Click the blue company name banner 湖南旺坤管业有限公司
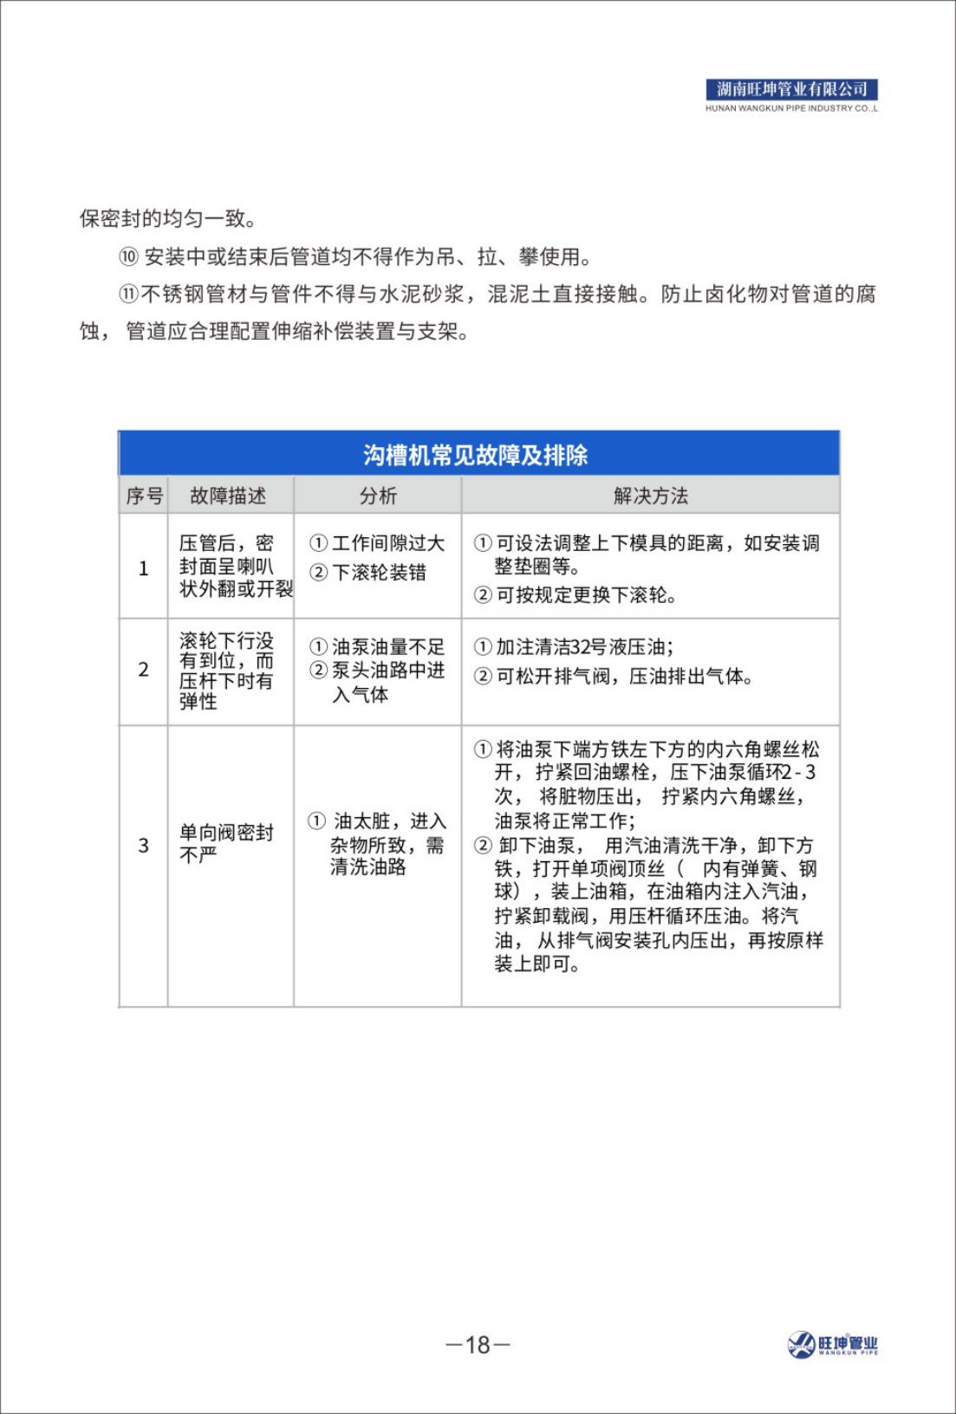pos(791,89)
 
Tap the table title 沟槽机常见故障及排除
pos(476,455)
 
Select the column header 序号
pos(144,496)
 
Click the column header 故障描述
pos(228,496)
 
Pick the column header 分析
pos(378,496)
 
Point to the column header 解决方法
pos(650,496)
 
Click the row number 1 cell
pos(144,568)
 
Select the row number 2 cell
pos(144,670)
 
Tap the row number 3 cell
pos(144,846)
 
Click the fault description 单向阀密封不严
pos(226,843)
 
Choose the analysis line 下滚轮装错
pos(380,573)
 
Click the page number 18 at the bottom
pos(478,1345)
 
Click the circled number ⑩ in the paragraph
pos(128,257)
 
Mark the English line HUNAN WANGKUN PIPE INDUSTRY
pos(790,109)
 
